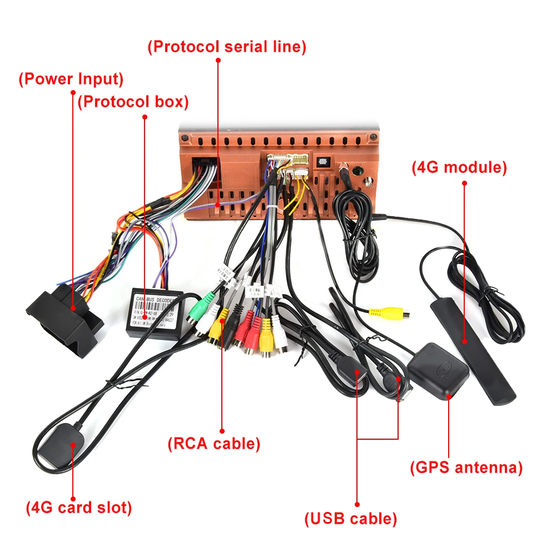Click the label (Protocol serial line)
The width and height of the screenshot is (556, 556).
point(227,47)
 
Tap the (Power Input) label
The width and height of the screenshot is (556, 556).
point(71,79)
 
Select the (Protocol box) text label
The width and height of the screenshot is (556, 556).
point(133,102)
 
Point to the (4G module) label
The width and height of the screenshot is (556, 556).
point(459,167)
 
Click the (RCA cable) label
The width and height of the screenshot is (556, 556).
point(214,444)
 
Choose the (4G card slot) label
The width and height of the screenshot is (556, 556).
point(79,508)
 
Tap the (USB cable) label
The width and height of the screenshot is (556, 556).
point(351,519)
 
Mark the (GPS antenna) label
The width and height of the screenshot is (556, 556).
point(466,468)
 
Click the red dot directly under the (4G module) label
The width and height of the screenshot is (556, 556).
point(464,183)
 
